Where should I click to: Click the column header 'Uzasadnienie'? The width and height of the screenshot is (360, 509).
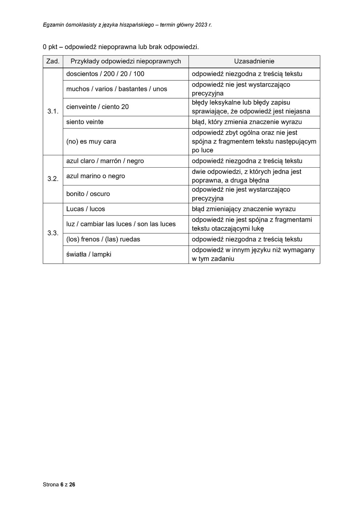pos(254,61)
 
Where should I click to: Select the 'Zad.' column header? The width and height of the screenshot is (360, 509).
pos(53,61)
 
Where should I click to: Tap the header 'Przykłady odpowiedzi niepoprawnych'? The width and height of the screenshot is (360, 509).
pos(125,61)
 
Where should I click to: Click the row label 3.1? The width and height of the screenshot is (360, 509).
pos(53,112)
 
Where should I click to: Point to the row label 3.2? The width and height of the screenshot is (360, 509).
pos(53,179)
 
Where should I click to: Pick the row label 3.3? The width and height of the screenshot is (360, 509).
pos(53,233)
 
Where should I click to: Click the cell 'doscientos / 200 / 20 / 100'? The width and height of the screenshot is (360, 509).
pos(105,74)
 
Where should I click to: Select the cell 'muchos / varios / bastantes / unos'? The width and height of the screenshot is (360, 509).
pos(116,89)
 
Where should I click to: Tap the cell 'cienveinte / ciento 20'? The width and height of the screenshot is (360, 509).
pos(97,107)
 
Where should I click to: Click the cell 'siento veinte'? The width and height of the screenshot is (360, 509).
pos(85,122)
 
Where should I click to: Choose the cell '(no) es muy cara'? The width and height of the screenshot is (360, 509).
pos(91,141)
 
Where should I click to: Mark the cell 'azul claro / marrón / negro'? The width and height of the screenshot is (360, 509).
pos(105,161)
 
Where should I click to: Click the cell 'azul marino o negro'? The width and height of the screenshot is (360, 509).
pos(95,176)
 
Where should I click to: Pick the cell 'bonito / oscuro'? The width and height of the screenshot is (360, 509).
pos(88,194)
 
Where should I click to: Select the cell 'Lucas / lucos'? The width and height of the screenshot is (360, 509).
pos(85,209)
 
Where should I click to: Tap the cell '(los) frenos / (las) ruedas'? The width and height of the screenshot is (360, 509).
pos(103,239)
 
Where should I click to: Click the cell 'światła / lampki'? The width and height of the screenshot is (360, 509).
pos(89,254)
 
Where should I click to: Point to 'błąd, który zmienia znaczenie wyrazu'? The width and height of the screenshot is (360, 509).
pos(247,122)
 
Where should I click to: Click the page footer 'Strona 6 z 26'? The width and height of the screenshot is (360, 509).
pos(59,485)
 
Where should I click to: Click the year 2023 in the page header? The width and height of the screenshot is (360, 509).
pos(201,25)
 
